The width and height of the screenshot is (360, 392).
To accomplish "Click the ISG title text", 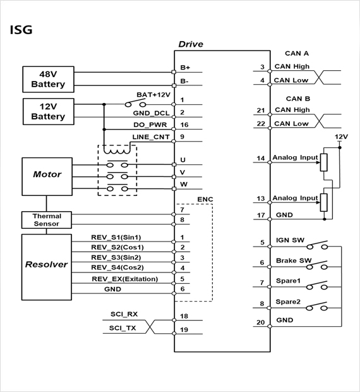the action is [21, 30].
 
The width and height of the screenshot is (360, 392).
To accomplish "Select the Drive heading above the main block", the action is [191, 44].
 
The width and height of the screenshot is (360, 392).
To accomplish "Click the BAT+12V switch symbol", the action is [135, 104].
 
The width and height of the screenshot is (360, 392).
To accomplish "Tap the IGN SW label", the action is [290, 240].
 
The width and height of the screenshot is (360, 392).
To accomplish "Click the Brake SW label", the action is [294, 260].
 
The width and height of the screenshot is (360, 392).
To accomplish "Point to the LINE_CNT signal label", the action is [151, 137].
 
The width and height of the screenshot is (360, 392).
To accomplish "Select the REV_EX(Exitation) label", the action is [125, 279].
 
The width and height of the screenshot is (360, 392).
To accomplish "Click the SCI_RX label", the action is [124, 314].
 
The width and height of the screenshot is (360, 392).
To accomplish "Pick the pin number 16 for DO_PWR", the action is [184, 125].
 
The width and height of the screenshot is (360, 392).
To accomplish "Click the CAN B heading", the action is [298, 99].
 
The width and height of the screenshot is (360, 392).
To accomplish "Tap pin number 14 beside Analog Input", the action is [261, 158].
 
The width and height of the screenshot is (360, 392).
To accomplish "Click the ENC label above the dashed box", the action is [205, 199].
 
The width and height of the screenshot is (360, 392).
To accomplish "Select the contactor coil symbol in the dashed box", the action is [117, 150].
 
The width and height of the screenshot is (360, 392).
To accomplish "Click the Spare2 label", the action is [288, 302].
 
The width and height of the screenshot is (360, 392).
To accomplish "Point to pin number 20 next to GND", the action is [261, 322].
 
